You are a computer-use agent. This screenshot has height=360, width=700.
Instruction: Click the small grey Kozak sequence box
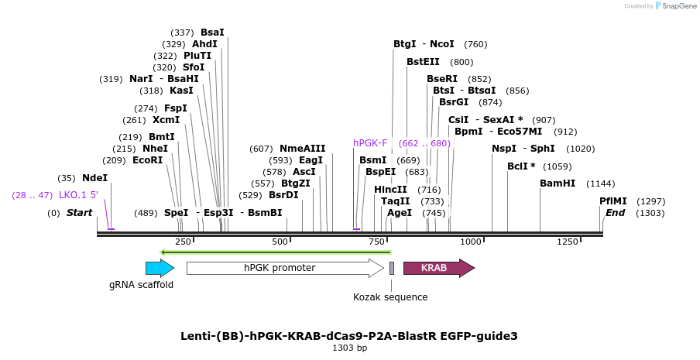(x=392, y=268)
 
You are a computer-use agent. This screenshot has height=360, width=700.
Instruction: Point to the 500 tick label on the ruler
(x=287, y=242)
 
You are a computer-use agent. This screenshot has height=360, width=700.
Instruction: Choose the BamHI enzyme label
(x=558, y=183)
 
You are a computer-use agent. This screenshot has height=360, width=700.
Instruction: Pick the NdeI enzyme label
(x=95, y=177)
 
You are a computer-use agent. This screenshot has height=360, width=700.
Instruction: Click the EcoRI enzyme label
(x=148, y=160)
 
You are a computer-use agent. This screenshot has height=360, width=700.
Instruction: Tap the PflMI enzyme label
(x=612, y=201)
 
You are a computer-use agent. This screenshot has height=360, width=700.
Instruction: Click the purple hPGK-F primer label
(x=370, y=143)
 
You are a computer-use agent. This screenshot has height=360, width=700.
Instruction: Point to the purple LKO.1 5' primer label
(x=78, y=195)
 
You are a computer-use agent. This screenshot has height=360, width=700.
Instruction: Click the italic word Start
(x=79, y=213)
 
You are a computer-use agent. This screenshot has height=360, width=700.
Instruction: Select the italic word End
(x=615, y=213)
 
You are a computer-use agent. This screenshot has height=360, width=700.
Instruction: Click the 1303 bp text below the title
(x=349, y=348)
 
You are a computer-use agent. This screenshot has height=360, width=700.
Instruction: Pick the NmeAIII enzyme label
(x=303, y=149)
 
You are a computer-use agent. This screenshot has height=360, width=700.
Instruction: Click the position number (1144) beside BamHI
(x=601, y=183)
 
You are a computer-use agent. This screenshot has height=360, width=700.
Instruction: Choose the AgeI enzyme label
(x=400, y=213)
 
